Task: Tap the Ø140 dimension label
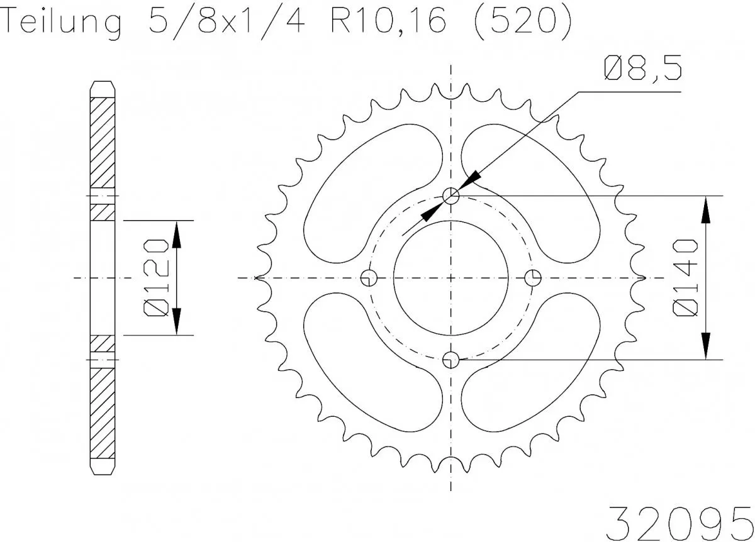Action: tap(686, 277)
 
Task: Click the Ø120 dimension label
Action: tap(155, 277)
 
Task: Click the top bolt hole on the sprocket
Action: tap(451, 196)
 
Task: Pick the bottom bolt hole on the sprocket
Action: tap(451, 360)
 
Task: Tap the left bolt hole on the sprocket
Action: tap(369, 277)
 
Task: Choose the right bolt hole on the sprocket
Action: tap(533, 277)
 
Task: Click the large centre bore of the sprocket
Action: tap(451, 277)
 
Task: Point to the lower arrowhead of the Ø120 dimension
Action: tap(177, 321)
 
